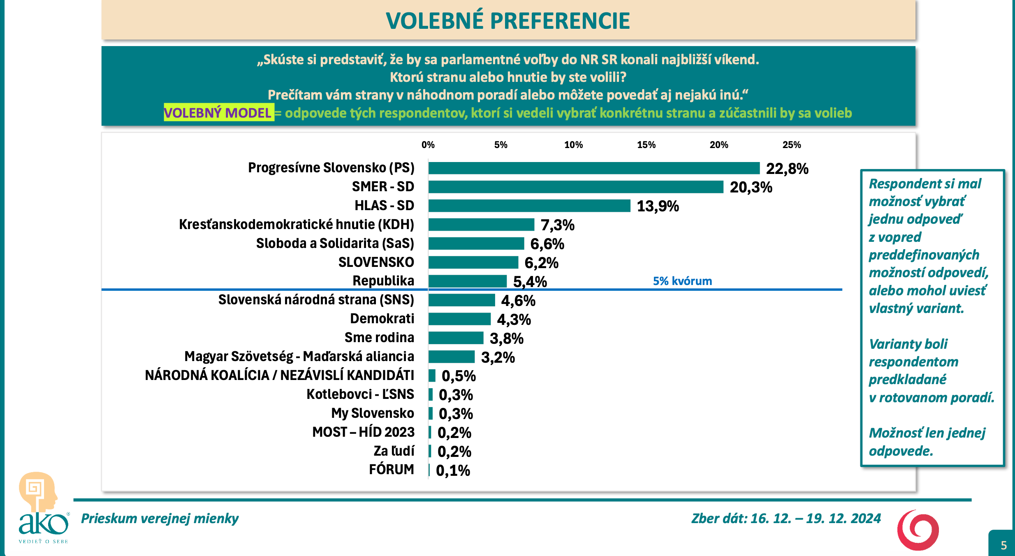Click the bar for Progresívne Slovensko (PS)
pos(594,168)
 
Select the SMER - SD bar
pos(576,187)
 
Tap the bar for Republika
pos(467,281)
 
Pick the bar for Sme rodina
pos(456,338)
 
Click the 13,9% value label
pos(658,206)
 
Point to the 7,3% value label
pos(557,225)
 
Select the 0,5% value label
pos(459,376)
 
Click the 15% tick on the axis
pos(646,145)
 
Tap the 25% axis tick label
pos(791,145)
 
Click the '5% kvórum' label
pos(682,281)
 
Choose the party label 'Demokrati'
pos(382,319)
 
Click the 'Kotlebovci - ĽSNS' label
pos(360,394)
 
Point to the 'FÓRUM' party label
pos(391,470)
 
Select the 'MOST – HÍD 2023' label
pos(363,432)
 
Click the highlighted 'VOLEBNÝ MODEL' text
pos(218,113)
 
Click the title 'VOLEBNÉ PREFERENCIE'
pos(508,21)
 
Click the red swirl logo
pos(918,530)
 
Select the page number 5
pos(1003,545)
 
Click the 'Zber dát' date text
pos(786,519)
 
